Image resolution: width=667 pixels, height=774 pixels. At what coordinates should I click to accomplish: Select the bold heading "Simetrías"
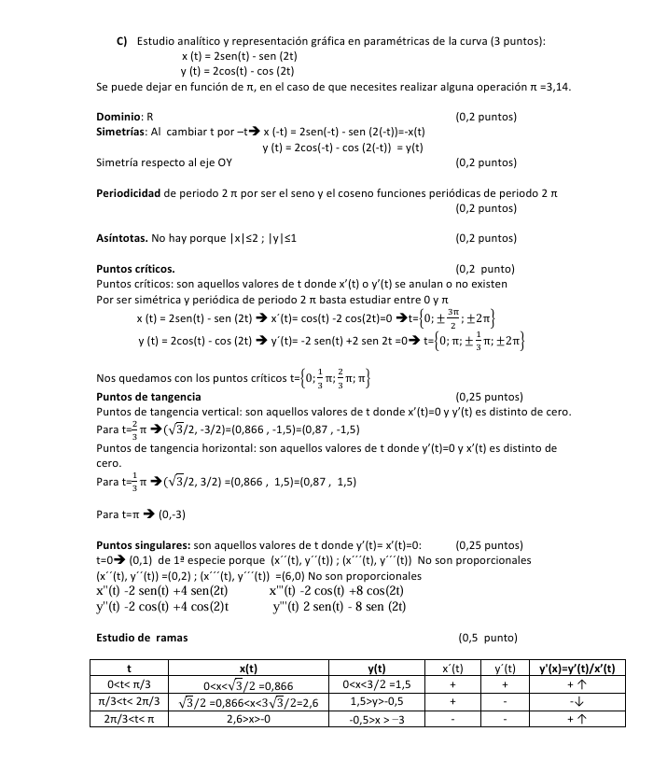[121, 132]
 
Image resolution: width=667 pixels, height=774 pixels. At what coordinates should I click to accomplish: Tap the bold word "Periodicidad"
[130, 193]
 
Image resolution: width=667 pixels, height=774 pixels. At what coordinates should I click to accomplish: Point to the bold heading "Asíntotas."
[122, 238]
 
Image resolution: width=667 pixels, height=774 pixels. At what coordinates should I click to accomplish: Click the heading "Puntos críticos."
[135, 270]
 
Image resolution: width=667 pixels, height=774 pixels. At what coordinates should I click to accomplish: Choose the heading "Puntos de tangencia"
[148, 397]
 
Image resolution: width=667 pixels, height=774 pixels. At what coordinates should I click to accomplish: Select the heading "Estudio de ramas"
[142, 639]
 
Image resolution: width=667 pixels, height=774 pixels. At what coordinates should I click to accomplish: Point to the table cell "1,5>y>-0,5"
[377, 702]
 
